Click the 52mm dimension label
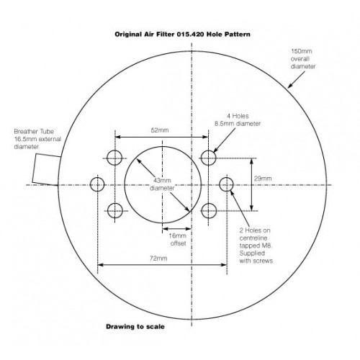pyautogui.click(x=160, y=130)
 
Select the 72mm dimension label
pyautogui.click(x=158, y=258)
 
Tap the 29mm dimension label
pyautogui.click(x=263, y=179)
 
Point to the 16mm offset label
pyautogui.click(x=178, y=239)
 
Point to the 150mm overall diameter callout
pyautogui.click(x=303, y=59)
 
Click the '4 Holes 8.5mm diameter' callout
pyautogui.click(x=238, y=120)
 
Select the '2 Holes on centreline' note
pyautogui.click(x=256, y=246)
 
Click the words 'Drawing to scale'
pyautogui.click(x=135, y=327)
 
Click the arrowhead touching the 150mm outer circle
pyautogui.click(x=290, y=85)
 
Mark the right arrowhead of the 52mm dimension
pyautogui.click(x=205, y=137)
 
